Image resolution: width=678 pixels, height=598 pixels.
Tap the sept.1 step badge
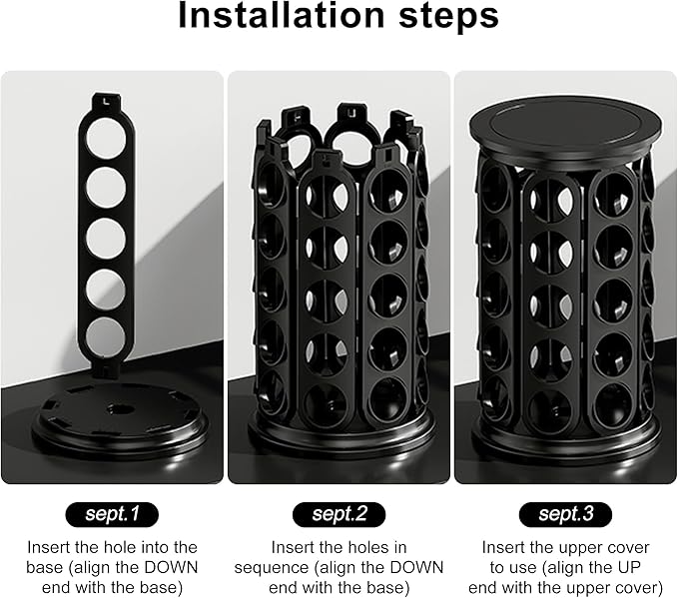click(x=112, y=514)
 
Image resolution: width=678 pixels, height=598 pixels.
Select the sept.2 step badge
click(x=339, y=514)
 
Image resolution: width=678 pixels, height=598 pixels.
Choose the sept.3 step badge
click(x=565, y=514)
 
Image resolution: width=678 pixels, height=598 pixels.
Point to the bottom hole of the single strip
click(x=106, y=336)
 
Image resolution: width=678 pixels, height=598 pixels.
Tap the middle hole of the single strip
click(x=106, y=239)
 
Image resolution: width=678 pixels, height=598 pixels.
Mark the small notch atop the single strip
click(x=106, y=102)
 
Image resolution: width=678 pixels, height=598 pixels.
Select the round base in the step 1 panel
click(x=121, y=419)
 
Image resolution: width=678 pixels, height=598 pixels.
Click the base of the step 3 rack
click(x=565, y=439)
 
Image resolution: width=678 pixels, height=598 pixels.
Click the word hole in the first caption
click(x=117, y=547)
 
